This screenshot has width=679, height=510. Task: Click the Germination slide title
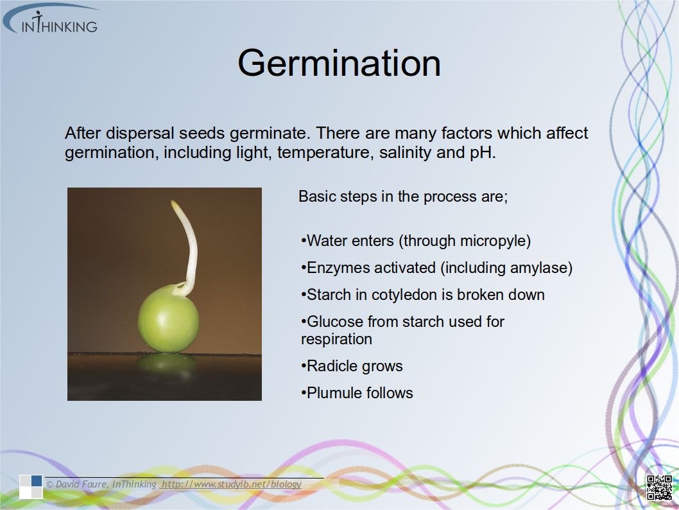(x=339, y=63)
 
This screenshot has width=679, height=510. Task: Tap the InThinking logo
(x=51, y=19)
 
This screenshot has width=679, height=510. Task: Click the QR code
(x=658, y=488)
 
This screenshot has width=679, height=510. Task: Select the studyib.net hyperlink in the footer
(x=231, y=484)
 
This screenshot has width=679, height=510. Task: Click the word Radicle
(x=333, y=366)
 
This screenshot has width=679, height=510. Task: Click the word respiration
(x=336, y=339)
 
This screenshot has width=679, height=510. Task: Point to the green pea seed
(x=168, y=318)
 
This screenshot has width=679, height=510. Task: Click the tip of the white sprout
(x=173, y=202)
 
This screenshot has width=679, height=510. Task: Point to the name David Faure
(x=82, y=484)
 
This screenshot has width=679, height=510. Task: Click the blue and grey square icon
(x=31, y=487)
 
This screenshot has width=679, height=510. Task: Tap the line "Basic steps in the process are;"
(x=403, y=197)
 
